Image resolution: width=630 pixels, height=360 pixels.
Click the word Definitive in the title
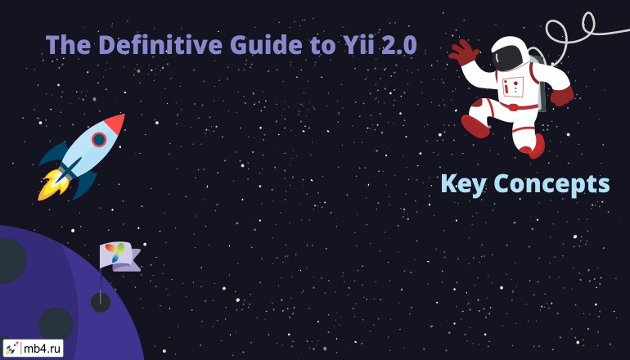click(160, 44)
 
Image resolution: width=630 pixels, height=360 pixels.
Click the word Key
click(464, 184)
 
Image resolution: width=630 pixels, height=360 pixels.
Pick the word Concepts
click(551, 184)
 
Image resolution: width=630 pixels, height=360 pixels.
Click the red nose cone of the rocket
click(115, 124)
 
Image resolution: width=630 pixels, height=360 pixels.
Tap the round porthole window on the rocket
click(99, 139)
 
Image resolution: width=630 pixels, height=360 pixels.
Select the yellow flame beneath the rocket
click(52, 185)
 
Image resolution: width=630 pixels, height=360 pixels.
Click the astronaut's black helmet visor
click(508, 56)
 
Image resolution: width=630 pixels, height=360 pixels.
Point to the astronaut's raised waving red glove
click(463, 52)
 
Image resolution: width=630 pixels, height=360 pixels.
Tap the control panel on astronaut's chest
click(513, 87)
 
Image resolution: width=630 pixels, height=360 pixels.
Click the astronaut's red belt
click(517, 107)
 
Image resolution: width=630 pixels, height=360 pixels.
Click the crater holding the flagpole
click(101, 302)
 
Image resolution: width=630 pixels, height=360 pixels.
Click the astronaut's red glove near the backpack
click(562, 97)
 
